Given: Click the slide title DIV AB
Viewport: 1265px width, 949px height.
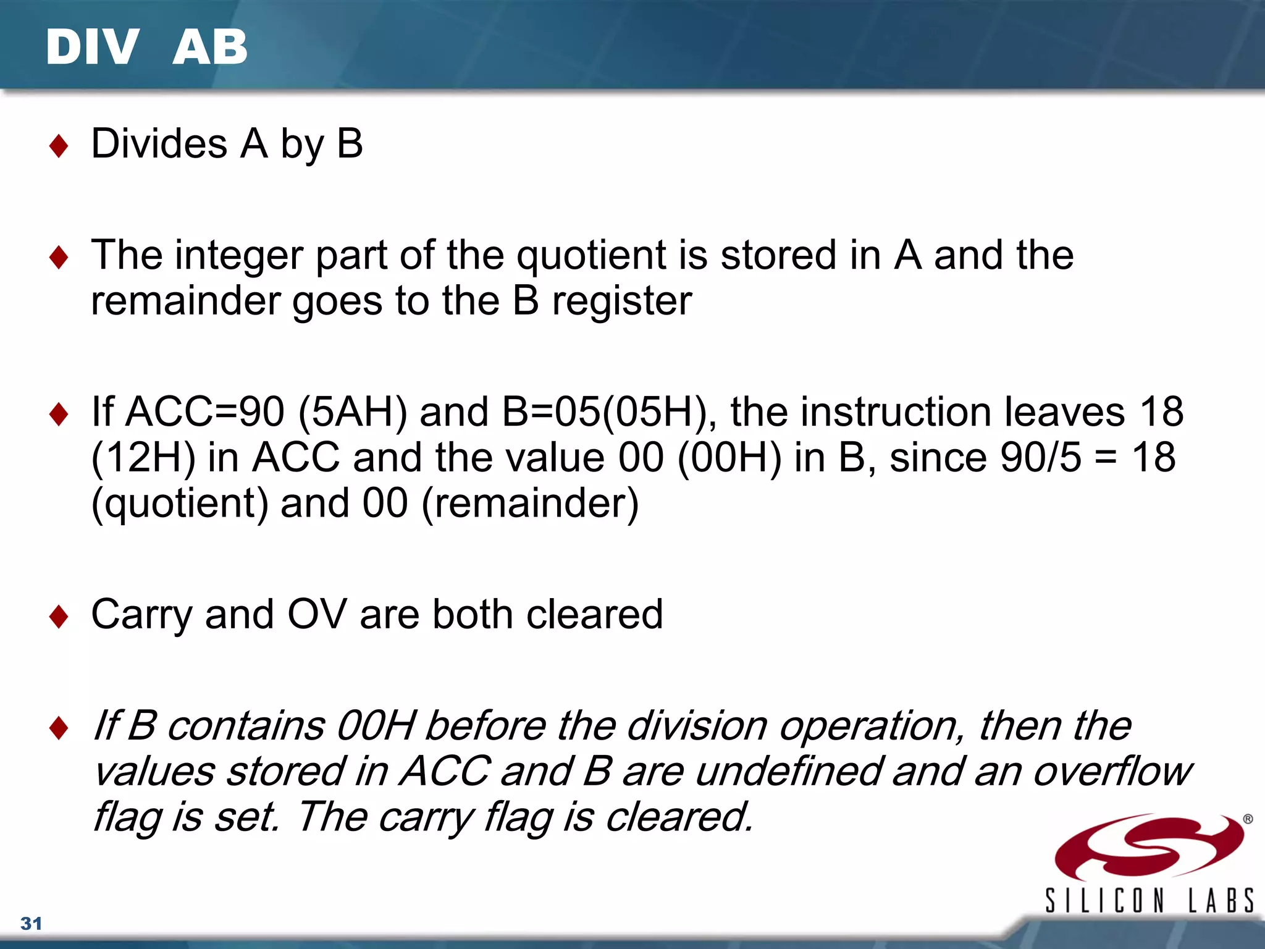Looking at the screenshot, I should tap(146, 47).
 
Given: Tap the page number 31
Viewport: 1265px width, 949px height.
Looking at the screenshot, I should tap(31, 923).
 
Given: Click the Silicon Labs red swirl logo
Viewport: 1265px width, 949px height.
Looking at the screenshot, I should tap(1149, 846).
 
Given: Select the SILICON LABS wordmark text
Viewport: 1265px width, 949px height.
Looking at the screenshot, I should tap(1149, 900).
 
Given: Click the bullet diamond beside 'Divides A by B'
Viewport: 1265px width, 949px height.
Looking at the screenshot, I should tap(59, 146).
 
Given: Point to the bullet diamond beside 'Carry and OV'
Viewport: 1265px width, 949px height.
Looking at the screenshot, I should tap(59, 617).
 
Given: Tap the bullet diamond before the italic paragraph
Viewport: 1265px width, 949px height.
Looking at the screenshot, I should tap(59, 728).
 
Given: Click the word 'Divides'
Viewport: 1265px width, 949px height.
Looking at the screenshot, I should tap(159, 144).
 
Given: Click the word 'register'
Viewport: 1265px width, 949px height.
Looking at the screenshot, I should tap(621, 302).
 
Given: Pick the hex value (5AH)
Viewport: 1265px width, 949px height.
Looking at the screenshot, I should tap(353, 412).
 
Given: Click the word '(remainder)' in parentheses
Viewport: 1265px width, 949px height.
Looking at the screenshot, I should tap(530, 504).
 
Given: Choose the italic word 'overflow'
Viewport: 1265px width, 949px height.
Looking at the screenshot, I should tap(1112, 772).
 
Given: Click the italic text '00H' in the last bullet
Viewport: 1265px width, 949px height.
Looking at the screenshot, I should tap(376, 726).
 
